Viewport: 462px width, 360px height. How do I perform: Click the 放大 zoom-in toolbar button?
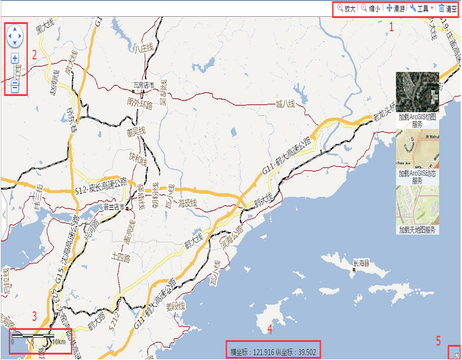(x=346, y=9)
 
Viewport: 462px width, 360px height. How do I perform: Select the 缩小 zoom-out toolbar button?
(x=370, y=9)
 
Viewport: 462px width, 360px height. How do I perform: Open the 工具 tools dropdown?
(x=420, y=9)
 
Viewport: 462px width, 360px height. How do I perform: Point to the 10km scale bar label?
(x=60, y=341)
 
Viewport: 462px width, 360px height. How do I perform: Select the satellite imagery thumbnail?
(x=417, y=91)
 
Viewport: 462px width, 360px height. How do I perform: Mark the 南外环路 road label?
(x=140, y=105)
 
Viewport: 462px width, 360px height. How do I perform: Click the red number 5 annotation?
(x=439, y=341)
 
